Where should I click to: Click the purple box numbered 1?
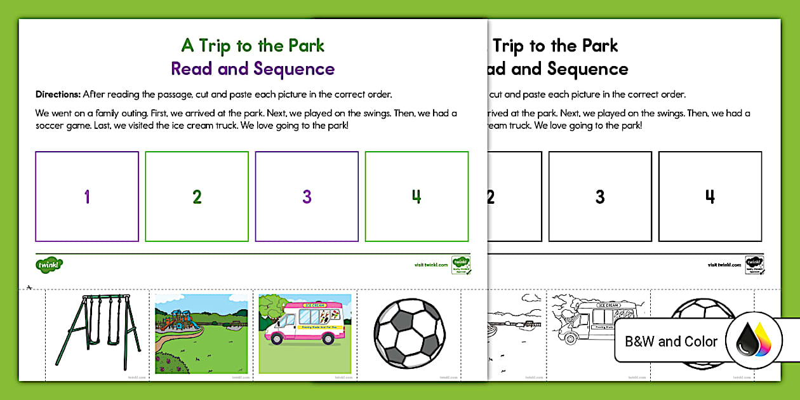pos(87,196)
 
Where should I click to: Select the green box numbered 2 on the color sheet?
pos(197,196)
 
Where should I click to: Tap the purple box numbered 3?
pos(307,196)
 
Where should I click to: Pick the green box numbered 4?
pos(417,196)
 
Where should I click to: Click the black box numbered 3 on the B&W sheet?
pos(600,196)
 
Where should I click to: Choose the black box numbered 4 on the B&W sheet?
pos(710,196)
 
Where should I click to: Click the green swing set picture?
pos(97,333)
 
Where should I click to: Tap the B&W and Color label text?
pos(670,342)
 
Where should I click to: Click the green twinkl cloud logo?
pos(49,263)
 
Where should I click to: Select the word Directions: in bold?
pos(58,95)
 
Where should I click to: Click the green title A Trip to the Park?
pos(253,46)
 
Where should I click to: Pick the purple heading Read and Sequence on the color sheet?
pos(253,69)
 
